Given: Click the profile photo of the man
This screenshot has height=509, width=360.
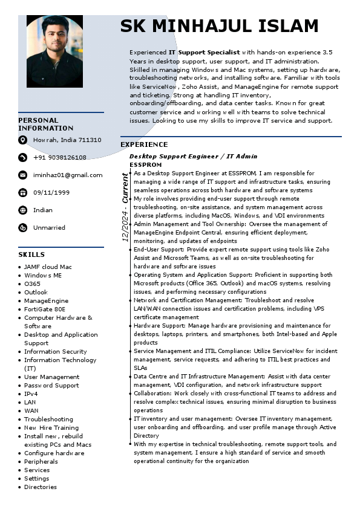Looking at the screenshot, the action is click(54, 51).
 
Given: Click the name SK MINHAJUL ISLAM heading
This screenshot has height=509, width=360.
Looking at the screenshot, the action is click(219, 26).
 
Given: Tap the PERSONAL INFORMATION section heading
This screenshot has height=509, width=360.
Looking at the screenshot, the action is click(46, 124).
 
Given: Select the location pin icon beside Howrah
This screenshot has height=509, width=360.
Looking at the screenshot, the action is click(23, 140).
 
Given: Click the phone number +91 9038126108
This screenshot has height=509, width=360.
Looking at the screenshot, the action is click(60, 158).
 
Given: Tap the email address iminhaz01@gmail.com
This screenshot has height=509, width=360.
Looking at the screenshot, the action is click(68, 175).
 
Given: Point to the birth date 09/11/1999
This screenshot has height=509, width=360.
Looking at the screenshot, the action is click(51, 193).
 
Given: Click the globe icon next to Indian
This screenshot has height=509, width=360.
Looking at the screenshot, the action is click(23, 210).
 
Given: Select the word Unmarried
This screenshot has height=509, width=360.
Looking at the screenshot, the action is click(49, 228).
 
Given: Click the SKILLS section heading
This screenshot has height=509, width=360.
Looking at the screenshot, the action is click(31, 254).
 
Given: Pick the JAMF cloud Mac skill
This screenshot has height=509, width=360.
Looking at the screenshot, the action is click(48, 267).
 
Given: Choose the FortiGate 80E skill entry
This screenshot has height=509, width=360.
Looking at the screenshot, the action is click(45, 309).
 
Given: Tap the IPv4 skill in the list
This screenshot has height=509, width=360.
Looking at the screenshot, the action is click(31, 394).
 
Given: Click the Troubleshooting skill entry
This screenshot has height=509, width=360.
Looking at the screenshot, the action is click(48, 419).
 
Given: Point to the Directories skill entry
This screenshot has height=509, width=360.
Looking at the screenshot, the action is click(41, 487).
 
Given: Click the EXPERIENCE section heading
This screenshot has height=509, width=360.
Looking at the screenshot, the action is click(144, 144).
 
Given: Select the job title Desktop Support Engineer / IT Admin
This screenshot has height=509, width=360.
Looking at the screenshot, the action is click(193, 157).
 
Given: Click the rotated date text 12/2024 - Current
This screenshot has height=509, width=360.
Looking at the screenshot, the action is click(125, 207).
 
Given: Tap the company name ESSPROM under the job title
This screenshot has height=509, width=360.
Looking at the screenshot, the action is click(146, 164).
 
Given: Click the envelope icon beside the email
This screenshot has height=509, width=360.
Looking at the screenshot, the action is click(23, 175).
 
